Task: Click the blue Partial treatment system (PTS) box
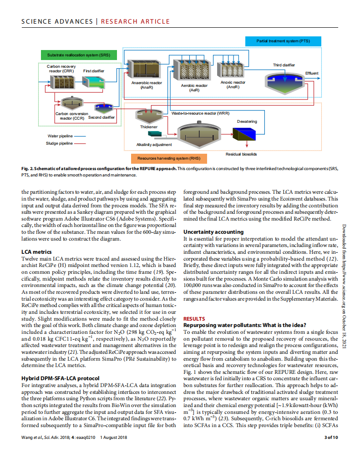[283, 41]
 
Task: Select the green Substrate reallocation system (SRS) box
[78, 55]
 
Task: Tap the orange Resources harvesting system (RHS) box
[166, 159]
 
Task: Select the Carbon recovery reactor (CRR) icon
[61, 82]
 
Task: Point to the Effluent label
[312, 74]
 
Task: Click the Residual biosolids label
[241, 154]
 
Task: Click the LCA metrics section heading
[36, 252]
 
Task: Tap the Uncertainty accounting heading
[213, 232]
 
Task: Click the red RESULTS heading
[194, 319]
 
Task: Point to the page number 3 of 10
[330, 438]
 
